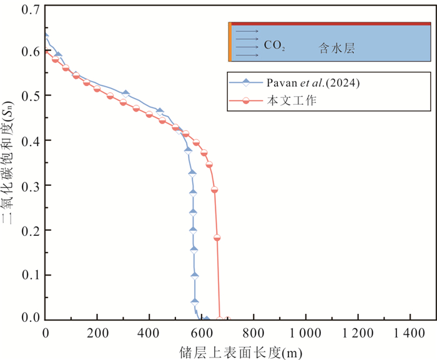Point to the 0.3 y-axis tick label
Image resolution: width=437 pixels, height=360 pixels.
[x=29, y=186]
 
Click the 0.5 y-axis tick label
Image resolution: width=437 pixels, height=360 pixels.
[x=29, y=96]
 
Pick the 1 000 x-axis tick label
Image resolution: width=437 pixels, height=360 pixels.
[x=306, y=332]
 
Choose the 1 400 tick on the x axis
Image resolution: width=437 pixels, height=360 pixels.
[x=410, y=332]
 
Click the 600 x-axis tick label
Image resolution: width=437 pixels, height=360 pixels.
[x=202, y=332]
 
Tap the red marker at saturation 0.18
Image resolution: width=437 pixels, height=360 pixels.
[x=217, y=238]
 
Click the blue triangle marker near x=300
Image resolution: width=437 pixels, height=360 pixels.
[x=125, y=94]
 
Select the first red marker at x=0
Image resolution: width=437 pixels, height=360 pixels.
[x=46, y=52]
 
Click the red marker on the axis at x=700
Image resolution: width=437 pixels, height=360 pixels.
[x=227, y=319]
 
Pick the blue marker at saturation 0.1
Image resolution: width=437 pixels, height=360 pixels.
[x=195, y=275]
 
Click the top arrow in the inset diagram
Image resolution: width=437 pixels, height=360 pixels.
[x=246, y=30]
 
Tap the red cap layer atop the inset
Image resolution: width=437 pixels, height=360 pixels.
[x=331, y=24]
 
